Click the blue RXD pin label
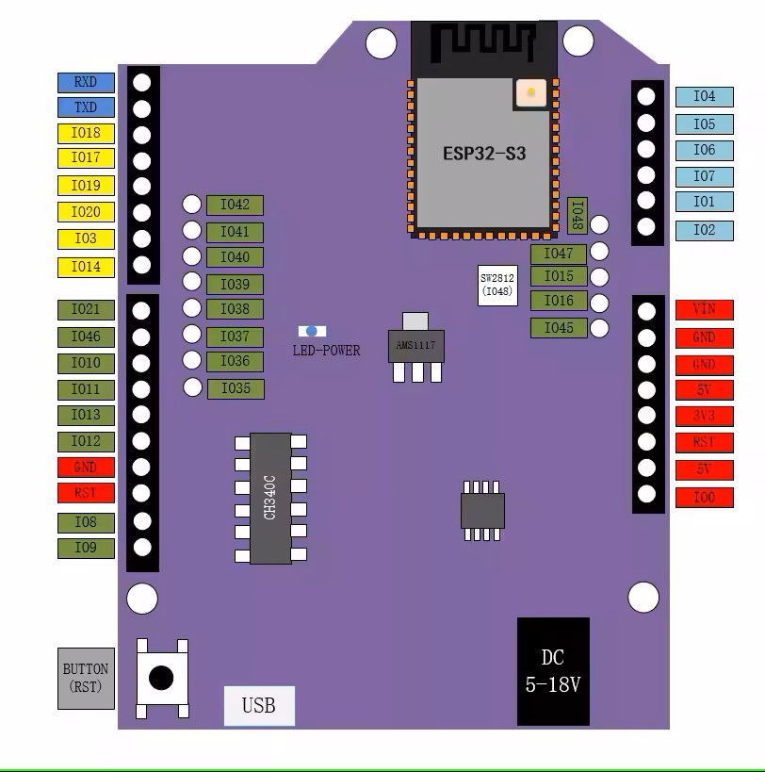pos(86,82)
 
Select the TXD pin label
pos(86,107)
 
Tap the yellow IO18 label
pos(86,133)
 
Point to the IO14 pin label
pos(86,268)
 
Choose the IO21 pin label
pos(86,310)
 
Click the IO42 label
pos(235,205)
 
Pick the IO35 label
pos(236,389)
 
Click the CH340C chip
pos(270,499)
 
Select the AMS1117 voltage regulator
pos(416,347)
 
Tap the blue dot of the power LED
pos(312,332)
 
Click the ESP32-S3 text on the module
pos(484,154)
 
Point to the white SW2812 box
pos(497,285)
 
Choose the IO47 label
pos(559,255)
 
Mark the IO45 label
pos(559,328)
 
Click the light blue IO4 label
pos(705,96)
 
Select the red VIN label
pos(705,310)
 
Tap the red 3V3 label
pos(705,416)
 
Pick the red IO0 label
pos(705,498)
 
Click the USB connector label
pos(259,705)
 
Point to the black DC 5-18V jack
pos(553,671)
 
